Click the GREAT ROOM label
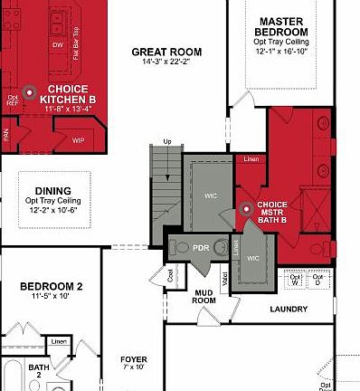[166, 52]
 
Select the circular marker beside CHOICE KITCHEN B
[29, 91]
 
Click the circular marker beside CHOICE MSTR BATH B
[249, 209]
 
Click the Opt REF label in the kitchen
[13, 100]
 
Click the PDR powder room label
[202, 246]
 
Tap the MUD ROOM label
[204, 297]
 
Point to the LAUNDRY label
[289, 309]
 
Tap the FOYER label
[134, 359]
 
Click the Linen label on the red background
[251, 160]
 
